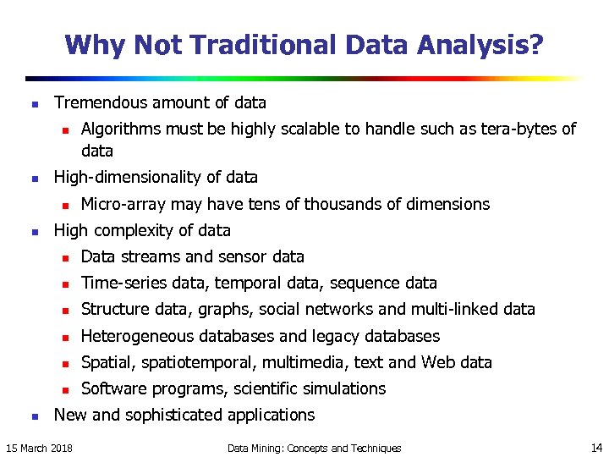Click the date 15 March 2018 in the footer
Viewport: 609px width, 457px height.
coord(39,448)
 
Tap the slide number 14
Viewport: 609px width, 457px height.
coord(597,447)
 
